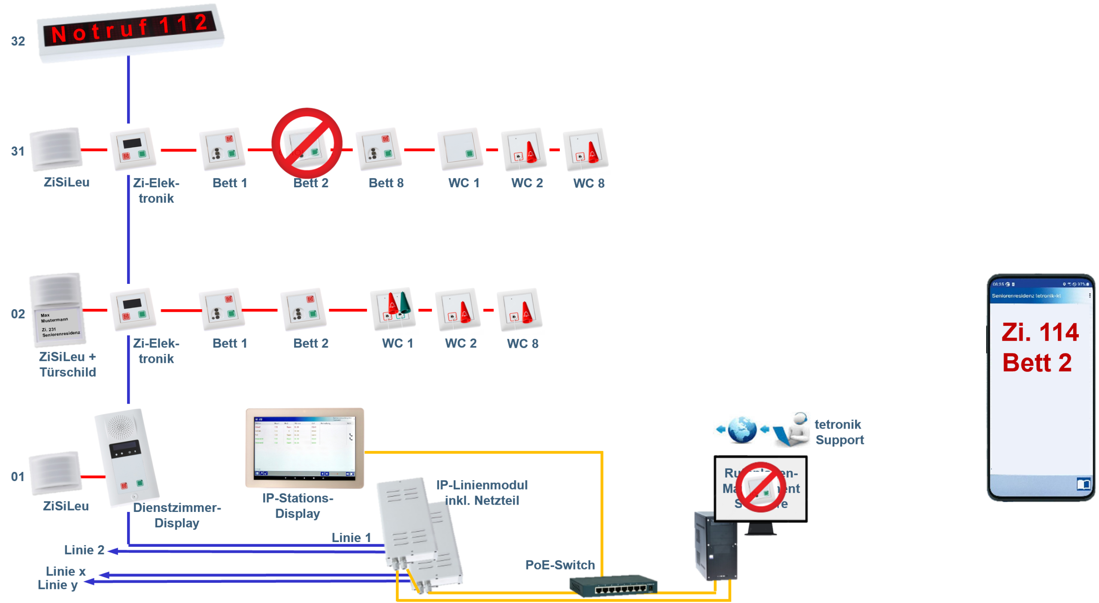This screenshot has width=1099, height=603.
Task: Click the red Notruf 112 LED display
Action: tap(130, 30)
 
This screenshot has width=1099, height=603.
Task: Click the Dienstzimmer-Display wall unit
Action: tap(128, 457)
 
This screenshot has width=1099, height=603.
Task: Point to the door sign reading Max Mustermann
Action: tap(61, 324)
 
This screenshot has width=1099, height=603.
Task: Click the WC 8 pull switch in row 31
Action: tap(585, 149)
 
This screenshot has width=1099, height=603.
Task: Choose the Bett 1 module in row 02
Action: tap(222, 309)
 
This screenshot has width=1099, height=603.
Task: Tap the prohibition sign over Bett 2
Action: tap(307, 143)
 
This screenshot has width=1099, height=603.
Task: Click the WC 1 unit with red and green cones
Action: tap(393, 309)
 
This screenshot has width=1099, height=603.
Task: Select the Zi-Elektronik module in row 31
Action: tap(133, 149)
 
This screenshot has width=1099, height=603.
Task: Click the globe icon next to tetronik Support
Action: tap(742, 429)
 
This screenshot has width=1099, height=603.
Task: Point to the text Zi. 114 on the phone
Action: tap(1040, 332)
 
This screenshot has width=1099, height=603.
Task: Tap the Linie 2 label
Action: tap(84, 550)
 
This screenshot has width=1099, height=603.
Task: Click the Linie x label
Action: tap(66, 571)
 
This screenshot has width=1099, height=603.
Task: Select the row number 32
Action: tap(18, 41)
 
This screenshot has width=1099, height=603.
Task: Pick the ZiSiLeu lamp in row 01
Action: tap(55, 473)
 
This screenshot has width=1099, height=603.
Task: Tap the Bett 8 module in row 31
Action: tap(378, 149)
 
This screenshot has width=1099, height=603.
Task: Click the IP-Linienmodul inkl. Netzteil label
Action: tap(482, 493)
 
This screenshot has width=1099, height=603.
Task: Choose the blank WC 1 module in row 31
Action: tap(460, 149)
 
